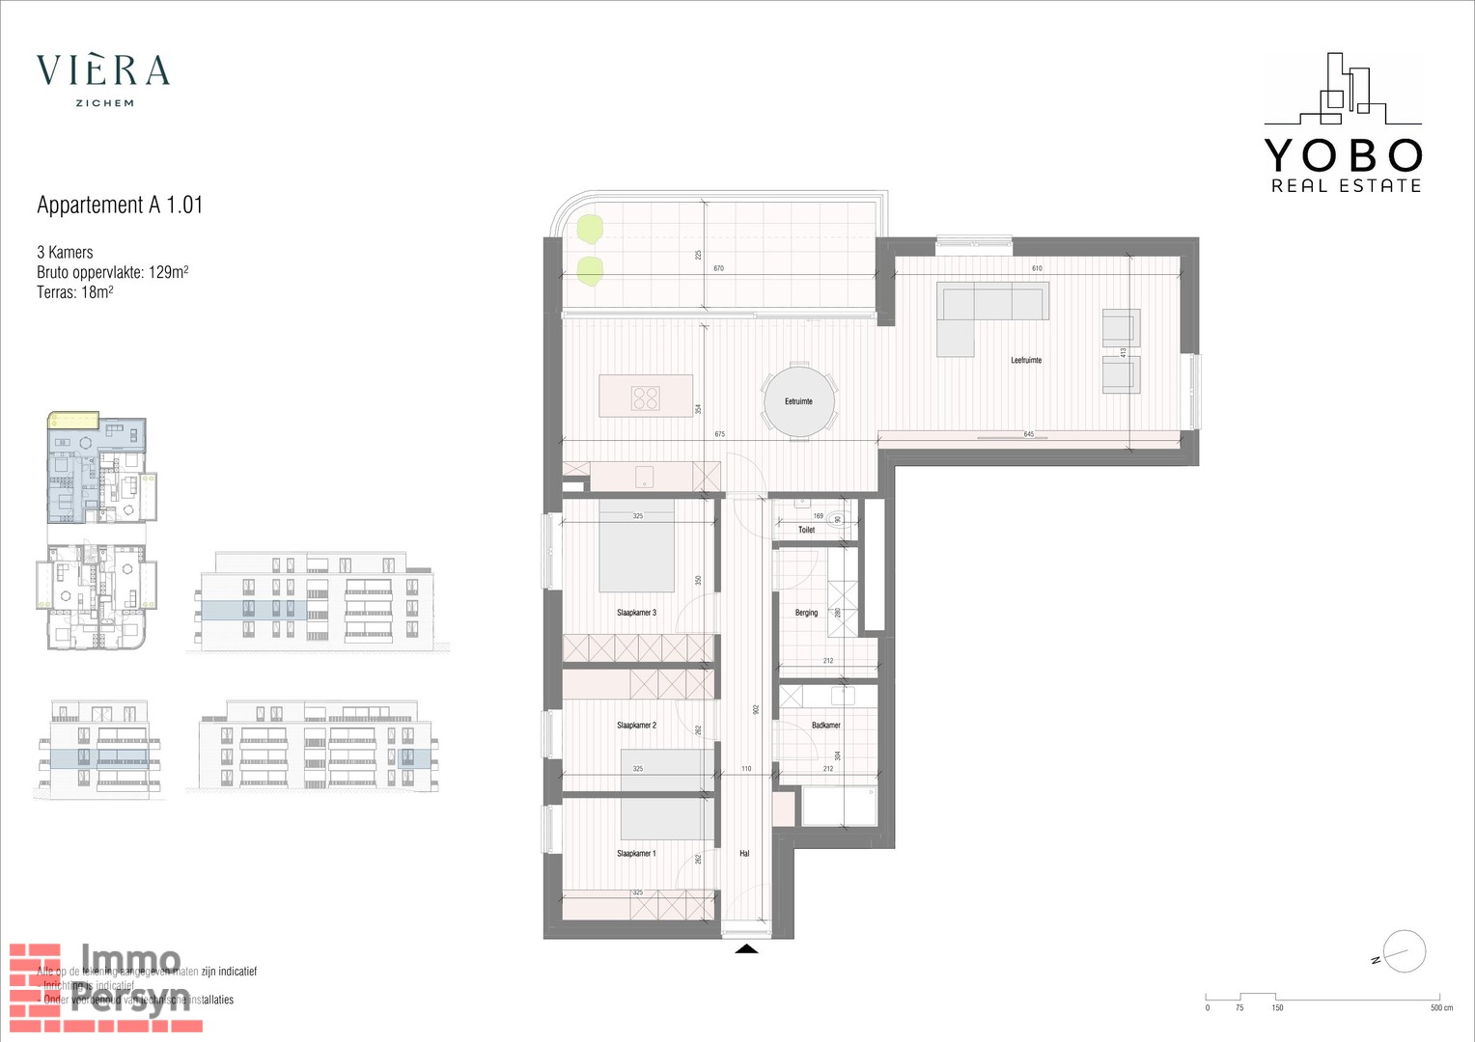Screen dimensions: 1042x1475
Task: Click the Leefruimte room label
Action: pyautogui.click(x=1026, y=360)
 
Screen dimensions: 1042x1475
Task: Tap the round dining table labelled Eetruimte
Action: pyautogui.click(x=799, y=400)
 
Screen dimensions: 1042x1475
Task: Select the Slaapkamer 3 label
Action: pyautogui.click(x=636, y=613)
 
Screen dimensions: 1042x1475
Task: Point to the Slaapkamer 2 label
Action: pyautogui.click(x=636, y=726)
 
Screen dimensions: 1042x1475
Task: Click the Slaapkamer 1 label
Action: pyautogui.click(x=636, y=854)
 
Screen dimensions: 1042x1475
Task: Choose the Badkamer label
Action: pyautogui.click(x=826, y=726)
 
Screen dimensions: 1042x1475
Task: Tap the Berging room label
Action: pyautogui.click(x=806, y=613)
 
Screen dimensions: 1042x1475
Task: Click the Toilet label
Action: pyautogui.click(x=807, y=530)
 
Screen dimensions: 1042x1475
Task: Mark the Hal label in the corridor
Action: pyautogui.click(x=744, y=854)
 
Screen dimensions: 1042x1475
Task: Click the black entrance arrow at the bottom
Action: pyautogui.click(x=746, y=949)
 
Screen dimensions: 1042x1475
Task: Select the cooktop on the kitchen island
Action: pyautogui.click(x=645, y=398)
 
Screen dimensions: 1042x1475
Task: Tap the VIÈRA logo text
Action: pyautogui.click(x=103, y=70)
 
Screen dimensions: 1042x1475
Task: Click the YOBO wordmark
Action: pyautogui.click(x=1343, y=155)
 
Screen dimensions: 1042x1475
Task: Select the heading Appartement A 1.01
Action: pyautogui.click(x=120, y=205)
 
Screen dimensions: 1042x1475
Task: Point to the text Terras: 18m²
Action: pyautogui.click(x=75, y=292)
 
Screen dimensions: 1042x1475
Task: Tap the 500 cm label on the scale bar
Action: pyautogui.click(x=1440, y=1008)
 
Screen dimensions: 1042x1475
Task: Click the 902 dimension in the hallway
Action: pyautogui.click(x=756, y=709)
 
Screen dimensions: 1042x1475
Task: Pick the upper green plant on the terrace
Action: pyautogui.click(x=589, y=229)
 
